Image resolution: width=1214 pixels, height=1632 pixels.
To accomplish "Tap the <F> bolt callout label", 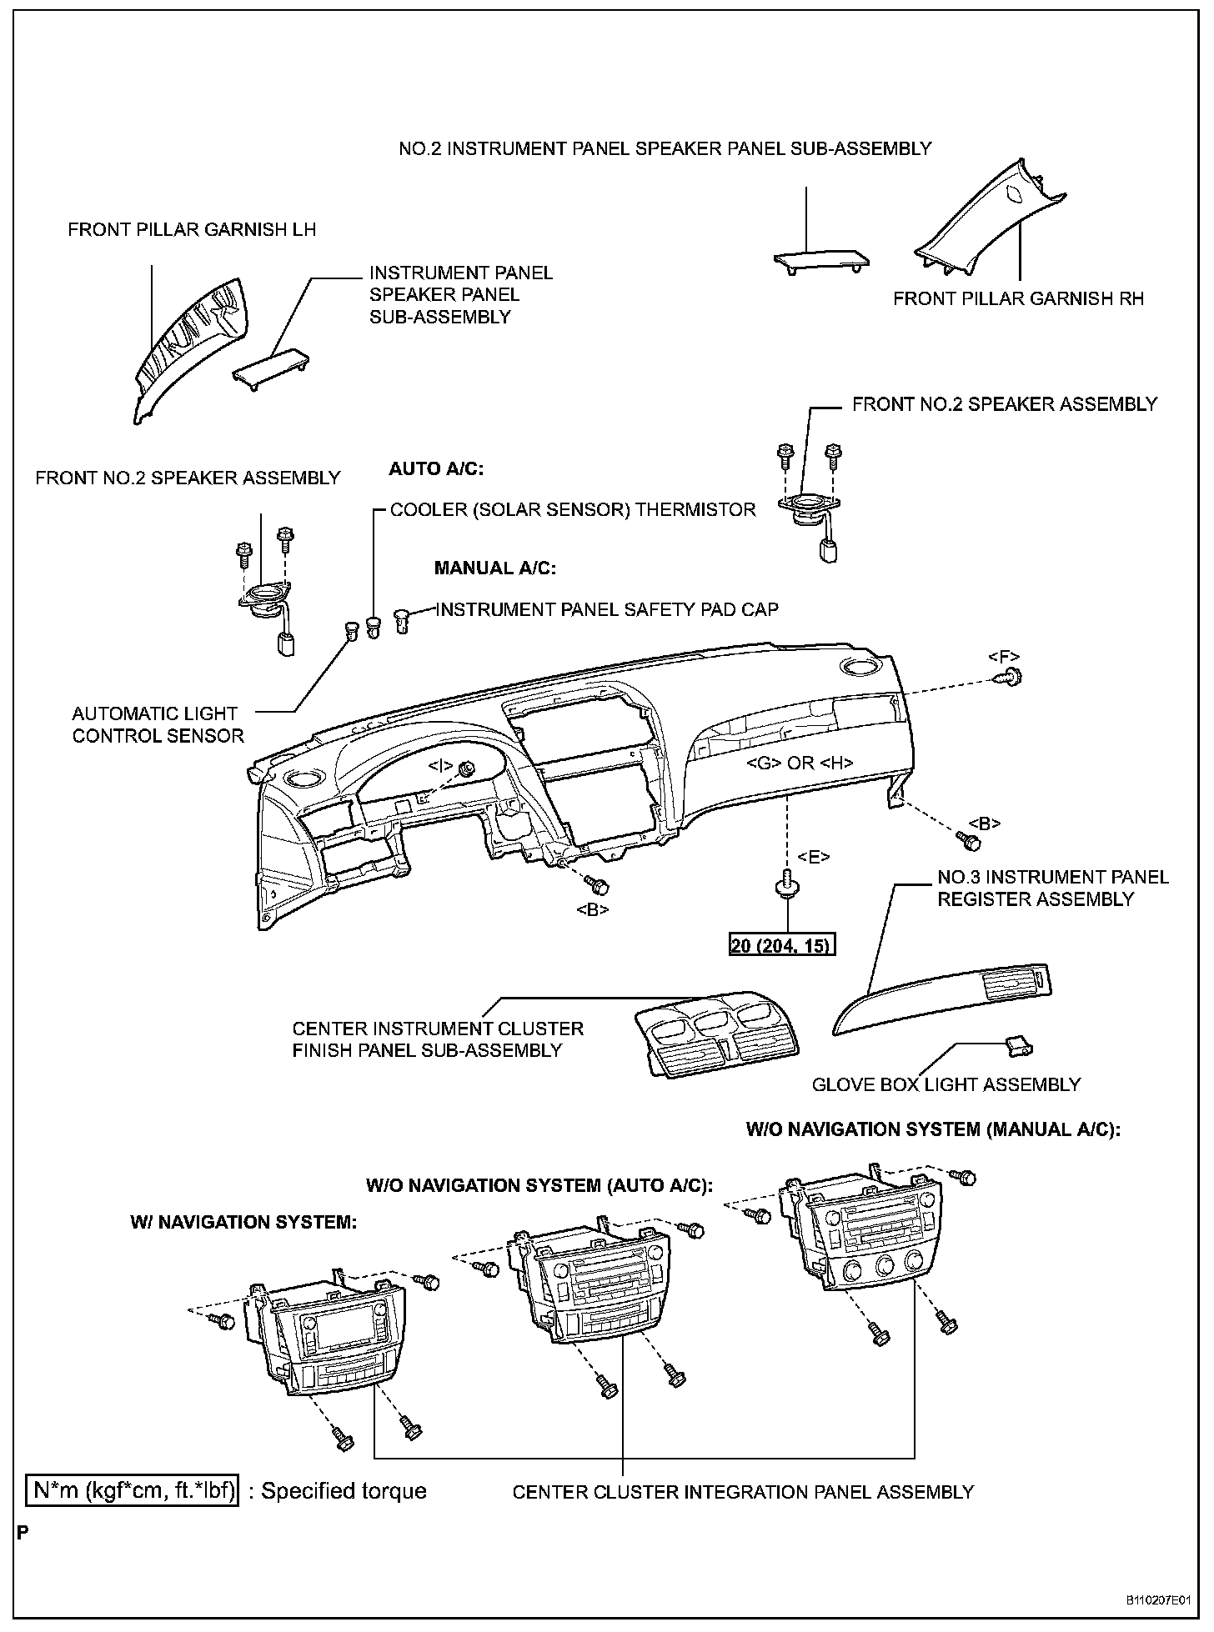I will (1004, 656).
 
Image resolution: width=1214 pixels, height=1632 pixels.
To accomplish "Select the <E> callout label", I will (813, 856).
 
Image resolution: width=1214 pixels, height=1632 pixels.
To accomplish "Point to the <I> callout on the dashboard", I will (441, 764).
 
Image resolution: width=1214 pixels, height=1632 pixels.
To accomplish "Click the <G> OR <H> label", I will (800, 762).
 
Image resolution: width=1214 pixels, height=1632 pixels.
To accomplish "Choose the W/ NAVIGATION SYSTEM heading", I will (243, 1222).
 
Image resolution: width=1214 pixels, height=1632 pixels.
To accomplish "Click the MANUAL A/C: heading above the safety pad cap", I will (494, 568).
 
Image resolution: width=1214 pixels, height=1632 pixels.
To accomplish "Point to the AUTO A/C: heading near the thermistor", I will (436, 469).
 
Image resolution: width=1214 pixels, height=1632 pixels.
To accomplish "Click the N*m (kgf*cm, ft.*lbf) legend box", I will (132, 1490).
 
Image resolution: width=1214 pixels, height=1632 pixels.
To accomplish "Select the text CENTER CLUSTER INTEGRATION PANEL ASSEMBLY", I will (743, 1492).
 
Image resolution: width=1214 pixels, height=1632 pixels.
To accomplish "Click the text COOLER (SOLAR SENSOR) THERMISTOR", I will (573, 509).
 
